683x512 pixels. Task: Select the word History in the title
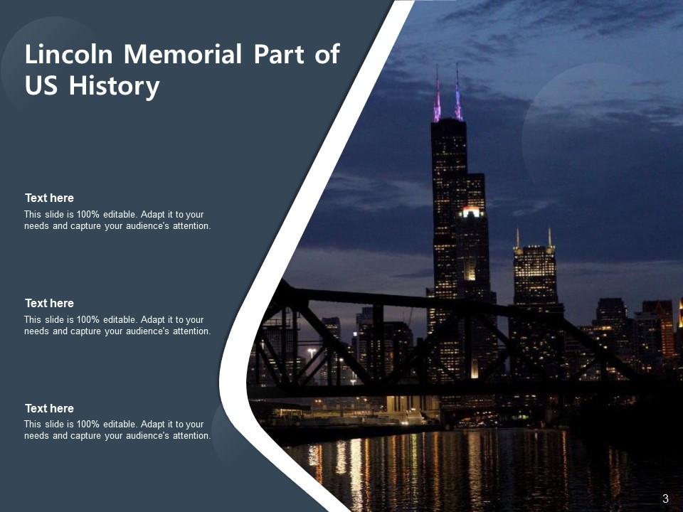point(114,86)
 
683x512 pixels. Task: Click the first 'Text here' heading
point(49,198)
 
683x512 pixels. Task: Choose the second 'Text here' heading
point(49,304)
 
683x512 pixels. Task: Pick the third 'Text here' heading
point(49,409)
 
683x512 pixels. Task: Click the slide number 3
point(665,498)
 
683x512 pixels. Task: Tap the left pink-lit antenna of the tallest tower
point(437,96)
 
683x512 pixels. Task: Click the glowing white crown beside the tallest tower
point(470,212)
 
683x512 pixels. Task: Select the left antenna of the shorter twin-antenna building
point(517,238)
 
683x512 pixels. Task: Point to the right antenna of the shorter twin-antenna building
point(549,238)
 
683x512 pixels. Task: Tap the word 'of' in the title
point(327,55)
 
